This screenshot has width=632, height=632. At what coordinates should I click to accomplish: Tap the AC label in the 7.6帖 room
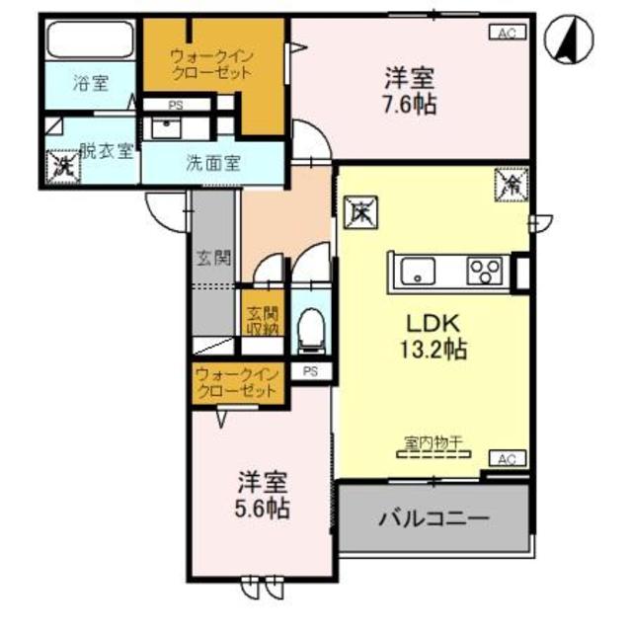(506, 33)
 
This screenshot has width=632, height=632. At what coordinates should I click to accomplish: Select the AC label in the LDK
(507, 458)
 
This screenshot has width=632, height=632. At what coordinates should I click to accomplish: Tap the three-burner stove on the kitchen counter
(486, 268)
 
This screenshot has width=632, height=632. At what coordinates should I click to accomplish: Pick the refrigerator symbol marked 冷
(512, 183)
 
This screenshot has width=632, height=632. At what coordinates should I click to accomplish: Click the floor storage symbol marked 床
(358, 211)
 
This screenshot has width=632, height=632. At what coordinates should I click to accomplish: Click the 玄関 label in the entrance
(213, 260)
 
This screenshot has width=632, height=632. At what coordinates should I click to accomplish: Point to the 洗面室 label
(213, 164)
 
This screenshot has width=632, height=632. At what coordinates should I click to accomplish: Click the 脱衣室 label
(106, 150)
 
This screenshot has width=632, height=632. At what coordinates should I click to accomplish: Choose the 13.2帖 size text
(434, 349)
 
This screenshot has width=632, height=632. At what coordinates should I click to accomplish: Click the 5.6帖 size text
(263, 510)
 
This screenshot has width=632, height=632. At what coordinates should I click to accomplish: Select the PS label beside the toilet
(310, 371)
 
